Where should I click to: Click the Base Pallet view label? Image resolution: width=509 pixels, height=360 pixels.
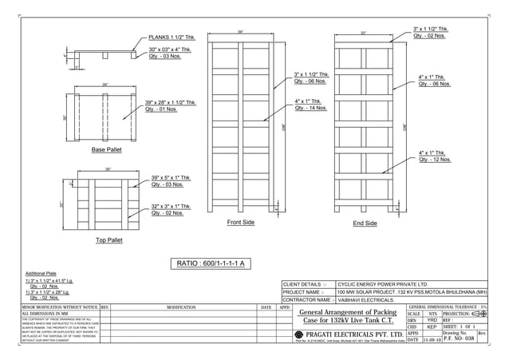click(106, 150)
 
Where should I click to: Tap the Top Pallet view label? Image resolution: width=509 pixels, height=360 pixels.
click(109, 239)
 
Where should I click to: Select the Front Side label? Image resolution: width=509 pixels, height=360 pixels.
click(240, 223)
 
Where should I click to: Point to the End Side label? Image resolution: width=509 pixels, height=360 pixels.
click(365, 224)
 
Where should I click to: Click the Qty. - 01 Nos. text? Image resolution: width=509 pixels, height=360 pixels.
click(162, 111)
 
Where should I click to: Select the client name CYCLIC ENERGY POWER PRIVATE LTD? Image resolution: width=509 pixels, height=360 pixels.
click(383, 283)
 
